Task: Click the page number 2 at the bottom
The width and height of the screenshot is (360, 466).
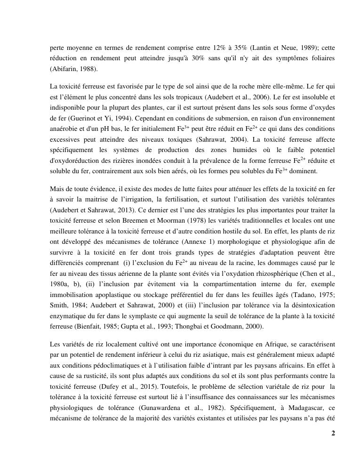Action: pos(333,434)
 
